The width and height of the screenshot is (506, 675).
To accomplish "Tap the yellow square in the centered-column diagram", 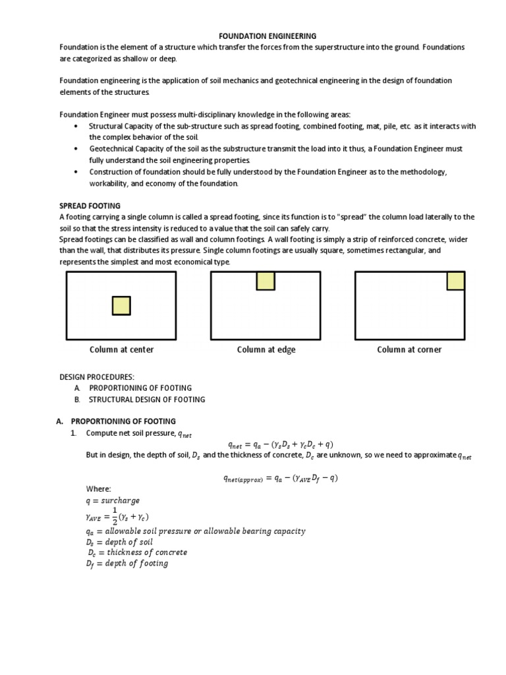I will (x=121, y=306).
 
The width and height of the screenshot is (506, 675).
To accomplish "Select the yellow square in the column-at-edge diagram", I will (x=266, y=281).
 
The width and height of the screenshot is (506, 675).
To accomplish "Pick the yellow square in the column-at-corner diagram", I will (x=456, y=281).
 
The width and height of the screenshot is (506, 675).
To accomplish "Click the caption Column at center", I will (x=122, y=349).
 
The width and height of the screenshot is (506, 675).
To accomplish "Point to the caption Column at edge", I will (x=266, y=349).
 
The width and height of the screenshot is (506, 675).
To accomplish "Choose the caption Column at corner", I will (x=409, y=349).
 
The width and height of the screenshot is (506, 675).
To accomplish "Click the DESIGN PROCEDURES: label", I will (x=96, y=376).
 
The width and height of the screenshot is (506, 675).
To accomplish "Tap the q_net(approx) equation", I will (x=280, y=478).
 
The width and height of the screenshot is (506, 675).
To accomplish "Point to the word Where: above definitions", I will (x=99, y=489).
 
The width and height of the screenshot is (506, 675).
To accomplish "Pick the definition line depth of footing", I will (x=126, y=563).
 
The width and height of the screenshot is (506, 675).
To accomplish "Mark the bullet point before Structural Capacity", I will (x=77, y=126).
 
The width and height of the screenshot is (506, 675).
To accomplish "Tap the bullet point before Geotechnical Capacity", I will (x=77, y=149).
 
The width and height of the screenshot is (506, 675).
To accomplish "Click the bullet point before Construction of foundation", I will (x=77, y=172).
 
